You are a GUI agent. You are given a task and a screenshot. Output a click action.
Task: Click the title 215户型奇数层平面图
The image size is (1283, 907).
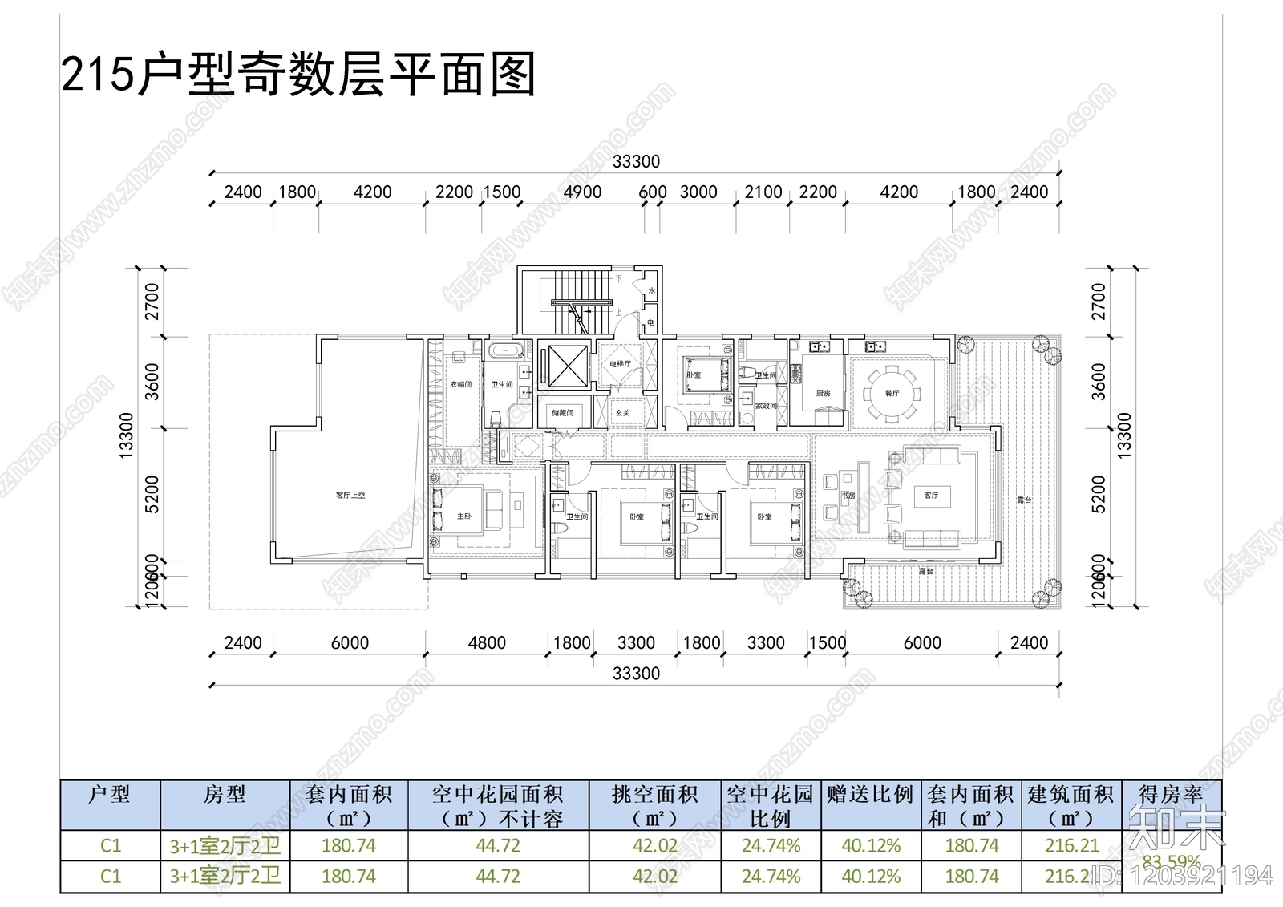click(298, 75)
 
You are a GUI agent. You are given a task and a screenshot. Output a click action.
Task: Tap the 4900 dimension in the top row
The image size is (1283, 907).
click(582, 192)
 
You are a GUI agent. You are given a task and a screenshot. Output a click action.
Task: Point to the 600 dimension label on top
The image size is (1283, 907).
click(652, 192)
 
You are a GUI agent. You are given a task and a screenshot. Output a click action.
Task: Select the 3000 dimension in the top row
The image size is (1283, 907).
click(698, 192)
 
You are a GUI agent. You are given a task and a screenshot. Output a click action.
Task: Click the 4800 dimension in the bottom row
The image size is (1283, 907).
click(487, 643)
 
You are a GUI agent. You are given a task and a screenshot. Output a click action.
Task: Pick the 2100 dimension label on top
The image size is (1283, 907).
click(763, 192)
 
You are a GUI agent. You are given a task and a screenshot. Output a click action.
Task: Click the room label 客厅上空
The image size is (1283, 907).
click(350, 496)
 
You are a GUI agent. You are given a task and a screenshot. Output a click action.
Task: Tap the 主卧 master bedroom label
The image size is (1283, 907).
click(464, 516)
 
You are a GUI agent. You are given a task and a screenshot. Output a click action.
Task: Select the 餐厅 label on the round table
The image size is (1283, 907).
click(892, 393)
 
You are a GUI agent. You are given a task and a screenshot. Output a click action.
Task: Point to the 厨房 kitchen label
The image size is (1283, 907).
click(823, 393)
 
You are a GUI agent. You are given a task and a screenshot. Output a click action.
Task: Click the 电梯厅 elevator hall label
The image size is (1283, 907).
click(620, 363)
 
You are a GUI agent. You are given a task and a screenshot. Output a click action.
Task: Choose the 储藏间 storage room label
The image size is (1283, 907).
click(563, 412)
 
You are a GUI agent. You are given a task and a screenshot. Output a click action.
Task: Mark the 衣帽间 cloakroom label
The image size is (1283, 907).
click(460, 385)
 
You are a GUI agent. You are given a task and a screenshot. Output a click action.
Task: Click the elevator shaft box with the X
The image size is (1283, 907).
click(564, 366)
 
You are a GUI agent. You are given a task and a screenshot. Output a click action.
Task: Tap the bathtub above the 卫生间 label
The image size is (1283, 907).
click(506, 350)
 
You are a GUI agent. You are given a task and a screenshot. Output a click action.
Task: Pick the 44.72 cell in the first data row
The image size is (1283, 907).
click(498, 846)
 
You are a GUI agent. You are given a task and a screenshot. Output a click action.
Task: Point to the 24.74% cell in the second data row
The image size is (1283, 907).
click(771, 877)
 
